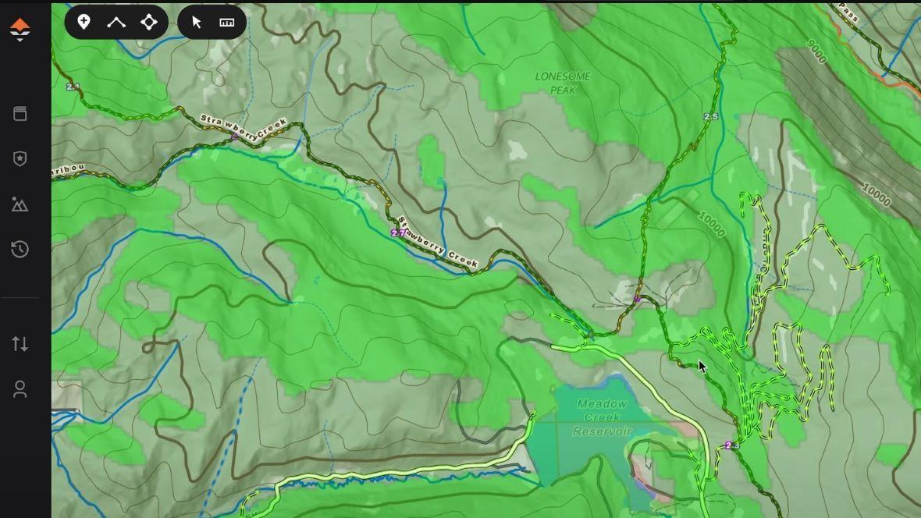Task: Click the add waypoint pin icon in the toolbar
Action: coord(84,22)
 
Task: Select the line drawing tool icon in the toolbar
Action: coord(116,22)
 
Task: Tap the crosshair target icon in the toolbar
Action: coord(148,22)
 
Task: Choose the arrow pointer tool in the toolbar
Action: coord(197,22)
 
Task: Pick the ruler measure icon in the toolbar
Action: coord(227,22)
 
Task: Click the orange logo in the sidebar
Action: coord(20,30)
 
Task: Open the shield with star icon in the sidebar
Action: coord(20,158)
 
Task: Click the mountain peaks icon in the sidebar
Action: coord(20,204)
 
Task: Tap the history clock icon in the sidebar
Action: coord(20,250)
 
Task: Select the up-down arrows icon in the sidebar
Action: coord(20,343)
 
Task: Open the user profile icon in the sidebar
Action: coord(20,389)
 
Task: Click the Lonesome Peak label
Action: coord(563,83)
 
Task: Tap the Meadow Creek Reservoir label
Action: coord(602,417)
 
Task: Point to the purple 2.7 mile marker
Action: coord(398,233)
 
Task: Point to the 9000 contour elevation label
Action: coord(816,51)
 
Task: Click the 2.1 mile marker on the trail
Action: coord(73,87)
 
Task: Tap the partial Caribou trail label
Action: coord(67,170)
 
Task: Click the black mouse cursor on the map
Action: coord(702,367)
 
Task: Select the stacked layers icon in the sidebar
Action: coord(20,114)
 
